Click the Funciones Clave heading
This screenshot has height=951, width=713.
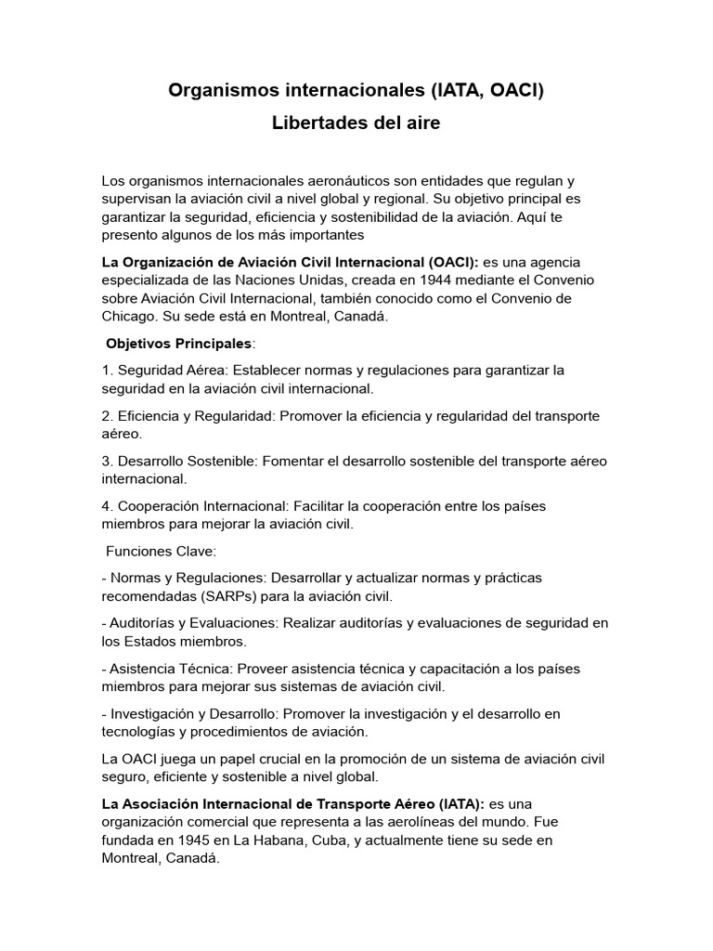[x=161, y=551]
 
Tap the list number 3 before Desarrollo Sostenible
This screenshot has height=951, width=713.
[x=107, y=461]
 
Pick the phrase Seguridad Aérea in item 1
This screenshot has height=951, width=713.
[x=165, y=370]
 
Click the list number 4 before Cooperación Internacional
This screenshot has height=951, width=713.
[x=107, y=506]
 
